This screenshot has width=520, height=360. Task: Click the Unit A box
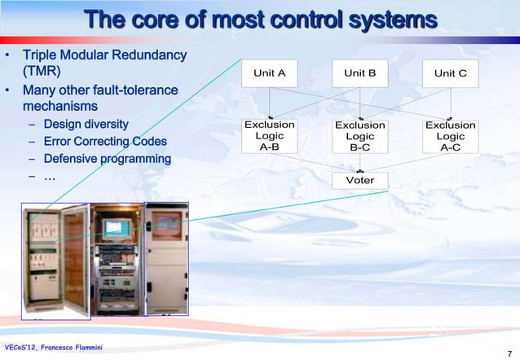coord(270,73)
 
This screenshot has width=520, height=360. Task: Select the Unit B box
coord(359,73)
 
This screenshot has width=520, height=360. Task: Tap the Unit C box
coord(451,73)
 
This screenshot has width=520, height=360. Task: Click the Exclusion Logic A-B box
coord(270,136)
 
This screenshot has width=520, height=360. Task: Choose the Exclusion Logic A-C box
coord(451,136)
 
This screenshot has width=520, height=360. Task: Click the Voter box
coord(359,180)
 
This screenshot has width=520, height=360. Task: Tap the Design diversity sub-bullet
coord(86,124)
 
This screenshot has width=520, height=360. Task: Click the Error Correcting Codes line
coord(105,142)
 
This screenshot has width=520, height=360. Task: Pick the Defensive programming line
coord(107,159)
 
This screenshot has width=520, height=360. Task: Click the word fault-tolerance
coord(130,90)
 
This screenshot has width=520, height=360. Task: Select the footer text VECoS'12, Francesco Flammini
coord(52,349)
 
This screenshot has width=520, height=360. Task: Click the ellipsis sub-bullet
coord(49,176)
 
